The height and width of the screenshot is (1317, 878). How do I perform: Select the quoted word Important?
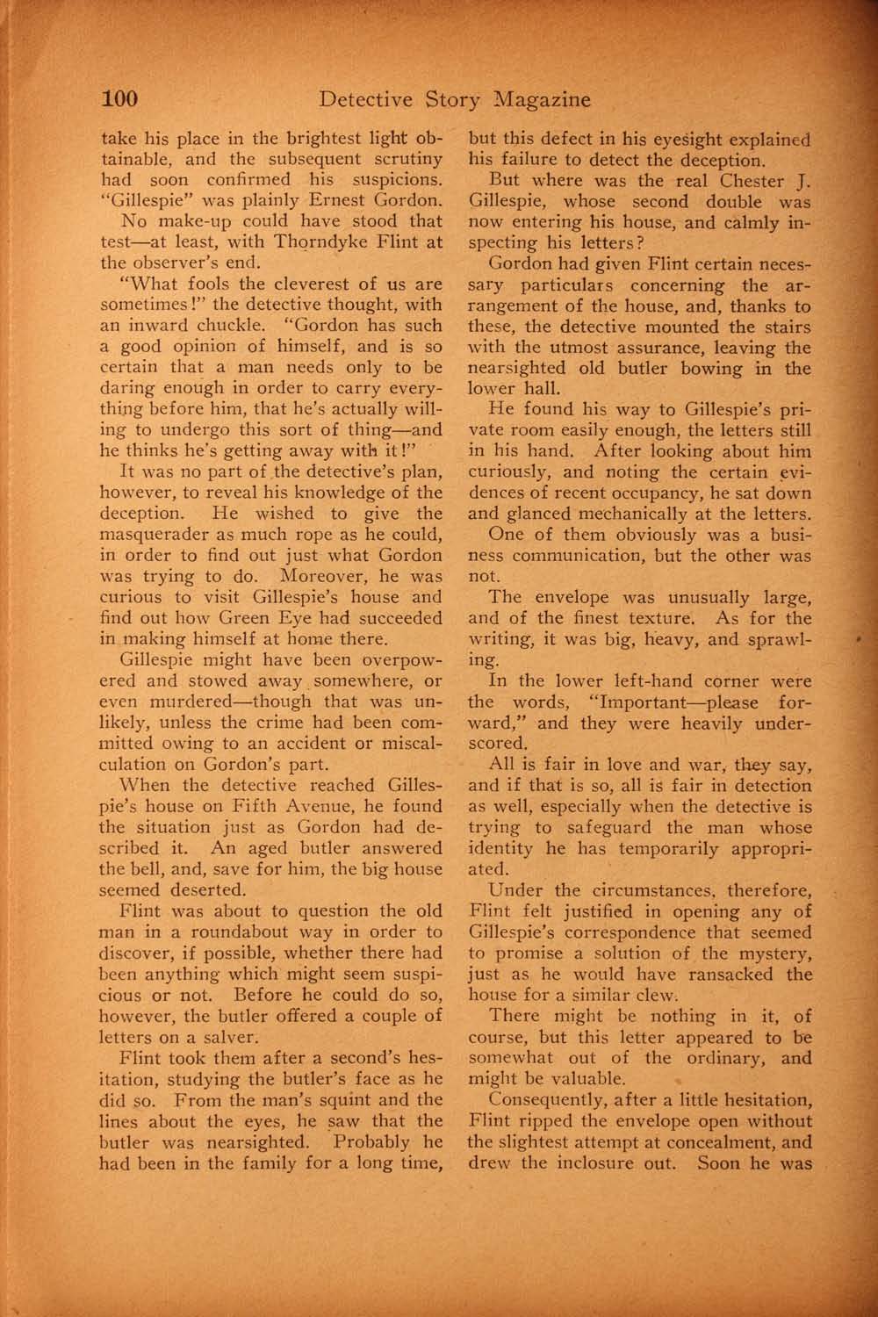coord(634,702)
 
